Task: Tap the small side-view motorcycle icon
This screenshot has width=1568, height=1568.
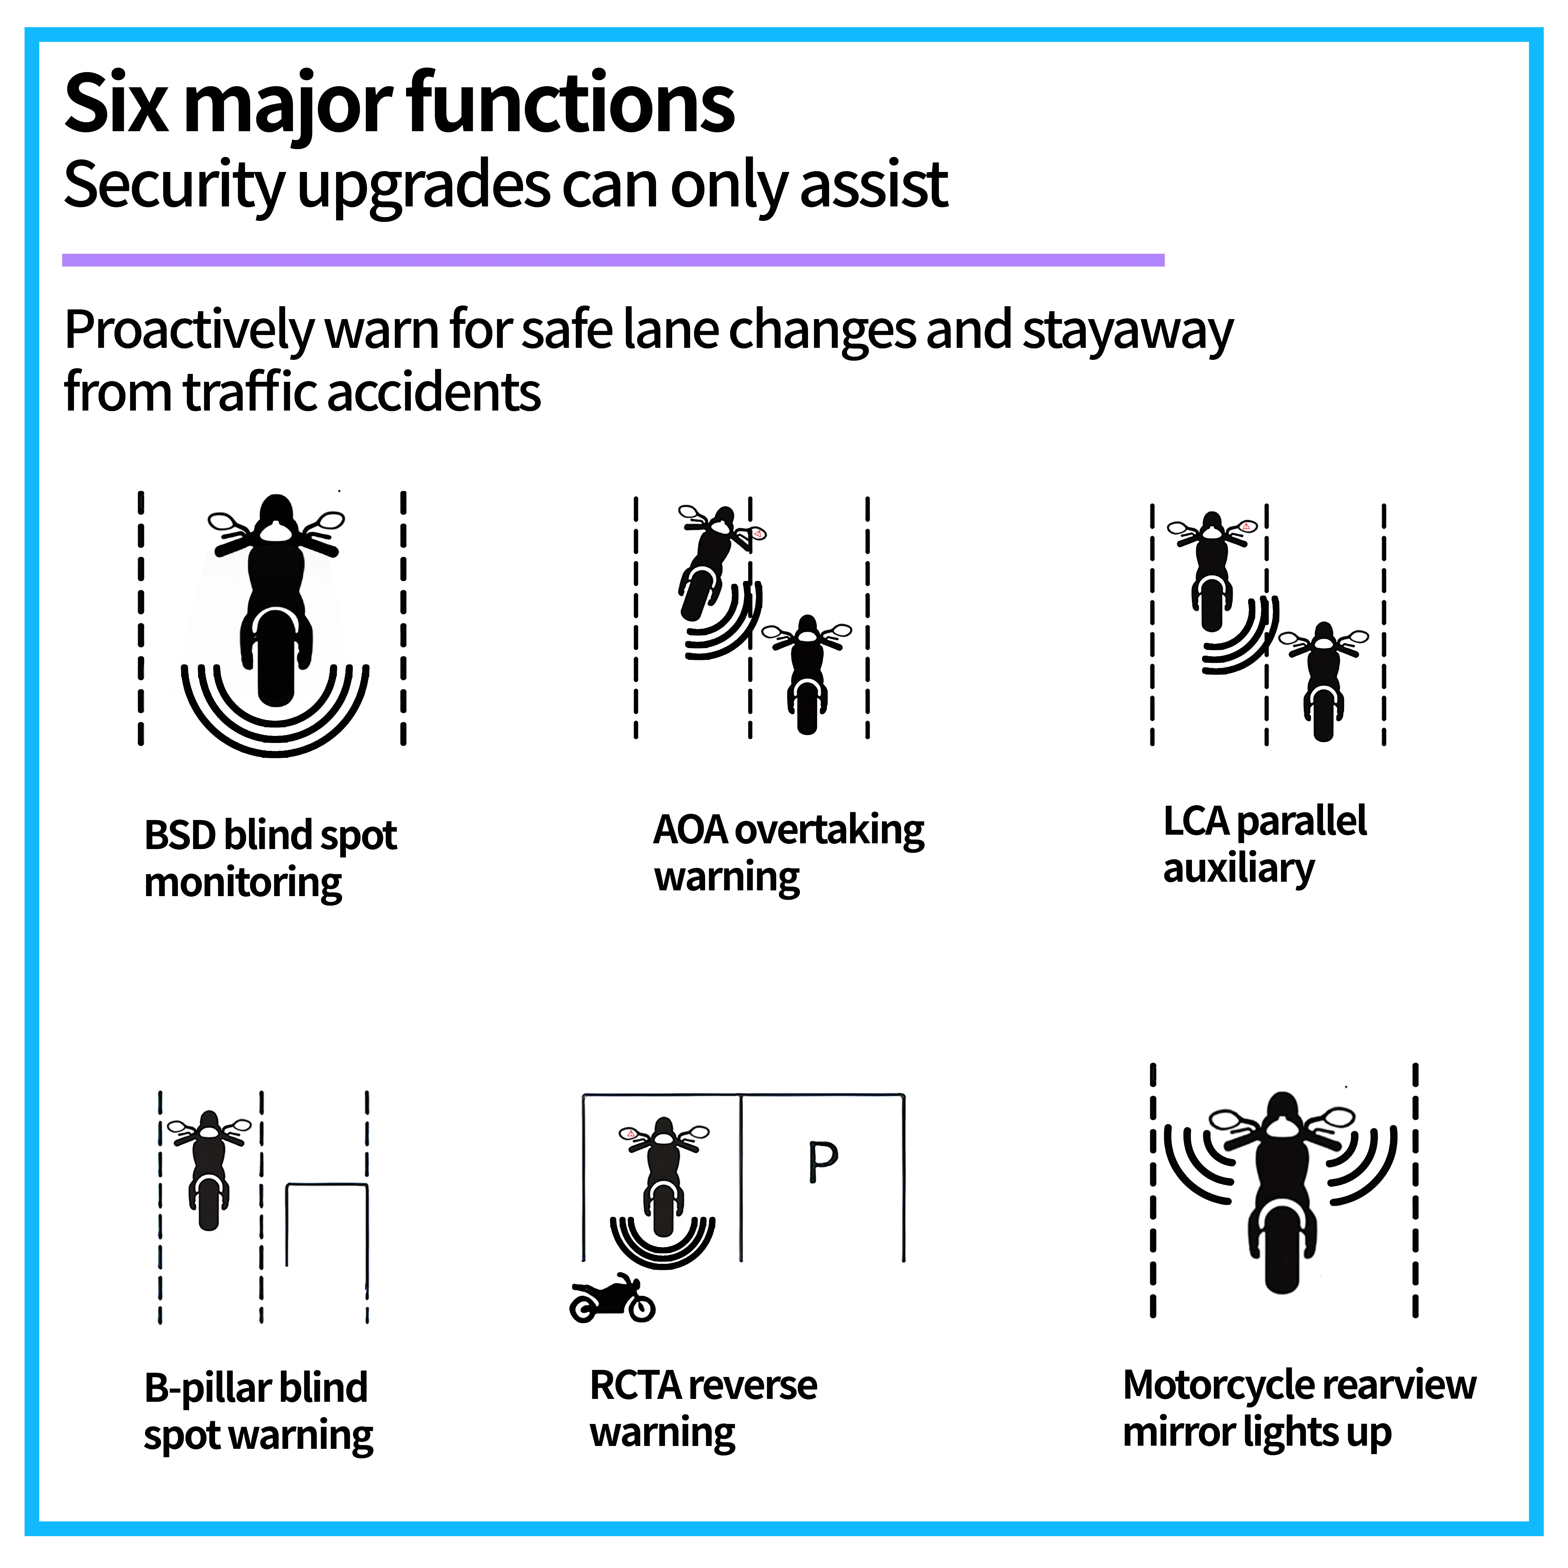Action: tap(612, 1298)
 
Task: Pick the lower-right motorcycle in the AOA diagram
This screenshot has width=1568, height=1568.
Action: tap(807, 674)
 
